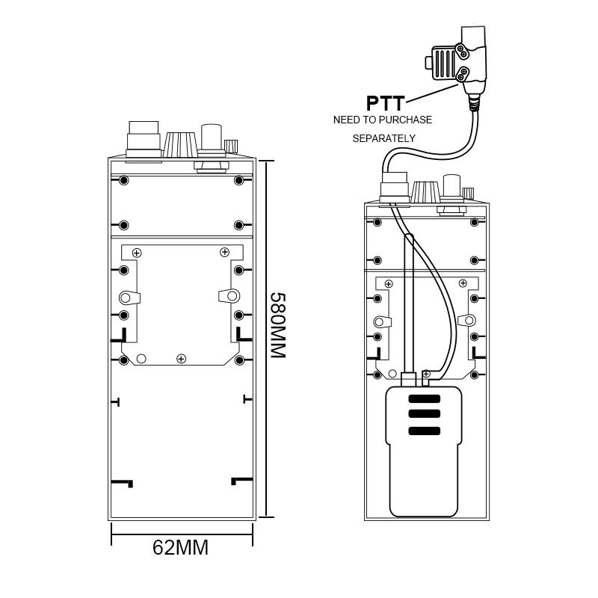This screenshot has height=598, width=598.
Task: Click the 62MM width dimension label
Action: (x=180, y=548)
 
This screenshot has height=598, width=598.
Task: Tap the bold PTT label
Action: (x=386, y=102)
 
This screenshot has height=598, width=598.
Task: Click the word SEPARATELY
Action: (x=384, y=138)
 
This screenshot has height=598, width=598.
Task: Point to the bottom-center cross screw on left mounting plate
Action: (x=181, y=360)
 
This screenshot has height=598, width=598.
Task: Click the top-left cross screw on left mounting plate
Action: (x=137, y=253)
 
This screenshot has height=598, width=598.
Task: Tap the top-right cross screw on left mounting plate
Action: (x=224, y=253)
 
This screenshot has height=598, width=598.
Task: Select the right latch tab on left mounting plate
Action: (x=229, y=295)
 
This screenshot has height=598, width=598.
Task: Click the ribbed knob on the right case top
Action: (x=425, y=192)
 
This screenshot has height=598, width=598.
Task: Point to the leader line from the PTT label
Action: (x=434, y=93)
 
